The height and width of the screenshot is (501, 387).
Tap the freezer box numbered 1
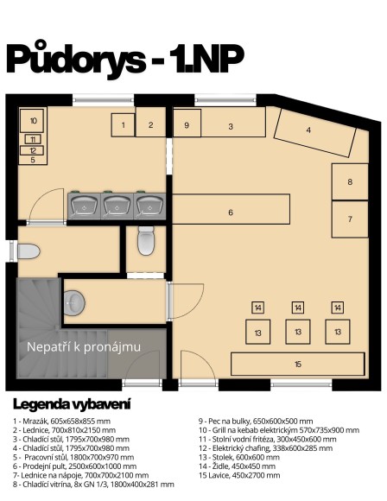(123, 125)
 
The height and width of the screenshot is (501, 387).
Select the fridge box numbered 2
(150, 125)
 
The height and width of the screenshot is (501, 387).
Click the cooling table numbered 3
(231, 126)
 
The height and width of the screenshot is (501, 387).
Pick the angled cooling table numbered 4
(309, 131)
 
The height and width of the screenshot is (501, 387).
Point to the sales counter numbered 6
(231, 212)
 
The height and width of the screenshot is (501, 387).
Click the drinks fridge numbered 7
(351, 219)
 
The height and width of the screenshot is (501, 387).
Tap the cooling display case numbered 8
(351, 181)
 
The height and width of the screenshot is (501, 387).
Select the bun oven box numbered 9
(187, 125)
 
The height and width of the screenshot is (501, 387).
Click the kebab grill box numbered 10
(33, 121)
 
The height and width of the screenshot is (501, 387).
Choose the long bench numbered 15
(296, 365)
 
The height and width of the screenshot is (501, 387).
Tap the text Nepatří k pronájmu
(84, 347)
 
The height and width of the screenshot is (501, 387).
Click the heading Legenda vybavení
(72, 403)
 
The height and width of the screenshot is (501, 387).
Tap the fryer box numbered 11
(33, 139)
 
